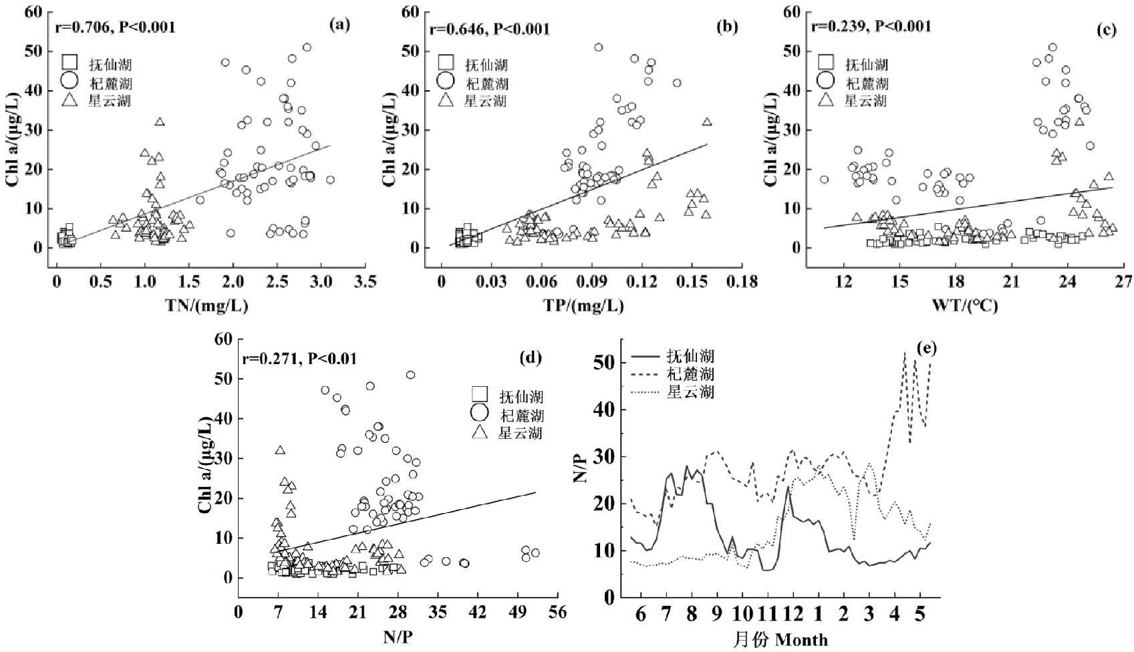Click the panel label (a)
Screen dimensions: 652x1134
click(x=339, y=25)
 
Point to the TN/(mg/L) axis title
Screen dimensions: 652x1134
click(x=206, y=305)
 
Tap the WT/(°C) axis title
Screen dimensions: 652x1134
click(x=965, y=305)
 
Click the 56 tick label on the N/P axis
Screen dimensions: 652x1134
click(x=557, y=612)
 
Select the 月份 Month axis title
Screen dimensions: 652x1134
click(x=780, y=639)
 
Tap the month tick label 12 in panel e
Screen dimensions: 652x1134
click(x=793, y=613)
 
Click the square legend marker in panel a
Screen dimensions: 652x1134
click(x=69, y=62)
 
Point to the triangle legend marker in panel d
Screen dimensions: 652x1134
click(x=480, y=432)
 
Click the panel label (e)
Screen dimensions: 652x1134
click(x=927, y=347)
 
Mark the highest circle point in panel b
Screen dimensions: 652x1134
click(x=599, y=47)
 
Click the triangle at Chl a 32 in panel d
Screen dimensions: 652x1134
click(x=280, y=450)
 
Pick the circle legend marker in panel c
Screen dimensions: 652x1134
click(x=826, y=81)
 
